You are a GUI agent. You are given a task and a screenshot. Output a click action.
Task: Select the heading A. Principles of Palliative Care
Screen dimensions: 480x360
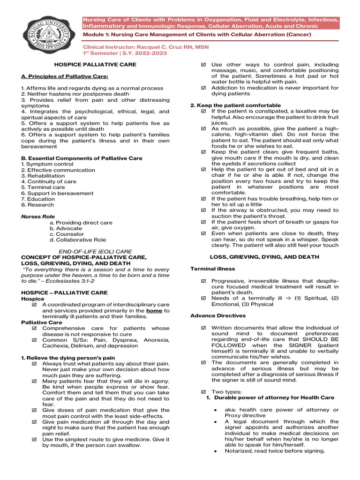pyautogui.click(x=65, y=76)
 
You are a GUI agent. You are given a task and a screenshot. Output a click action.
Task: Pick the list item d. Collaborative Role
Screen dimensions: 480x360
pyautogui.click(x=78, y=240)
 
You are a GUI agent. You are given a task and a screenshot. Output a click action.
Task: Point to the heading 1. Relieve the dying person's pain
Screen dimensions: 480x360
pyautogui.click(x=68, y=358)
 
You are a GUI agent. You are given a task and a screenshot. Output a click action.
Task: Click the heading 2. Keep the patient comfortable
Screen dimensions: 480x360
pyautogui.click(x=235, y=105)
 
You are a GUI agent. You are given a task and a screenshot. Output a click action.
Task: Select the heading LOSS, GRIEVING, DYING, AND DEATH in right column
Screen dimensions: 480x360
pyautogui.click(x=264, y=257)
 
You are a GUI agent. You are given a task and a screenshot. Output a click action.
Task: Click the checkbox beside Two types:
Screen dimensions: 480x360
pyautogui.click(x=203, y=391)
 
